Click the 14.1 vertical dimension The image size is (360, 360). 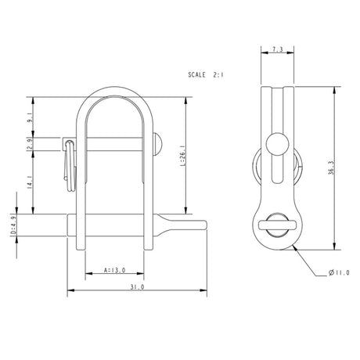click(x=29, y=182)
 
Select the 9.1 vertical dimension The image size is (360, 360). click(x=29, y=118)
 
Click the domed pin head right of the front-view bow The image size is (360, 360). click(x=159, y=143)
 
